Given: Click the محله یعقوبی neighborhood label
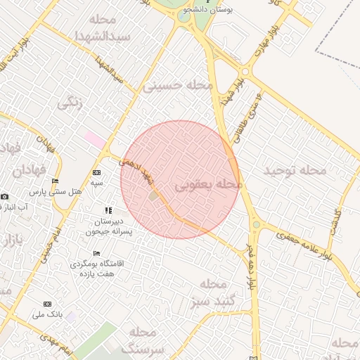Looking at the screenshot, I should click(x=207, y=186).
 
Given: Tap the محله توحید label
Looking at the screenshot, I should click(x=295, y=170).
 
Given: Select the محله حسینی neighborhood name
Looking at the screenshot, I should click(x=177, y=86).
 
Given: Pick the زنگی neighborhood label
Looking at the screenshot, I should click(x=70, y=103).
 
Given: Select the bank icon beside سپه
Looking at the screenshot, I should click(x=96, y=172).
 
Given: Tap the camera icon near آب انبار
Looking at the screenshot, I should click(x=5, y=196).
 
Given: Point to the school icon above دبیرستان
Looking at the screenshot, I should click(x=108, y=210).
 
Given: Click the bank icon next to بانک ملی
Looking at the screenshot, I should click(x=47, y=304).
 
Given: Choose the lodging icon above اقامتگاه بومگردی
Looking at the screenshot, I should click(x=96, y=253).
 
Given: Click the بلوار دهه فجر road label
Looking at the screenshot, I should click(x=251, y=267).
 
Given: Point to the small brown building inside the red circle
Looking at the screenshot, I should click(x=154, y=195).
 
